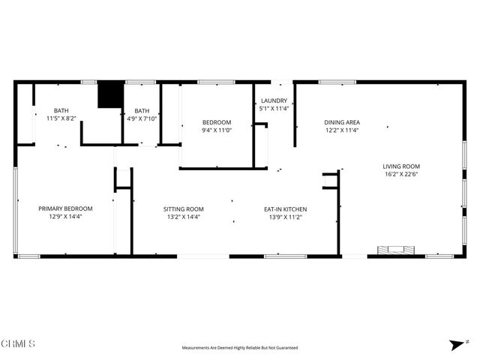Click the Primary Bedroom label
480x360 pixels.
click(x=65, y=208)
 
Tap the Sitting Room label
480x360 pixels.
click(x=184, y=209)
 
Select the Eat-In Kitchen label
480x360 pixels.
click(x=284, y=209)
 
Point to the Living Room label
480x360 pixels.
click(x=401, y=166)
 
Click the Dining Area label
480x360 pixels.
click(x=342, y=122)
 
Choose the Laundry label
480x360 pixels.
click(x=274, y=100)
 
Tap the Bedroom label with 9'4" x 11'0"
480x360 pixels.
click(x=217, y=122)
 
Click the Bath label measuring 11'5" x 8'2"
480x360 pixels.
click(x=61, y=110)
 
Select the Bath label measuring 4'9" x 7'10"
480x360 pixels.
click(x=142, y=110)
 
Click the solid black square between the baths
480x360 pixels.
click(x=109, y=94)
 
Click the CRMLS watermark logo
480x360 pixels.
click(x=18, y=344)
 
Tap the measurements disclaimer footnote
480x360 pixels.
click(x=240, y=348)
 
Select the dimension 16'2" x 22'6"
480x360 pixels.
click(x=401, y=175)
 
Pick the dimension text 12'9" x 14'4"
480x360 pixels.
click(x=65, y=217)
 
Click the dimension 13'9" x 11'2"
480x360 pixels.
click(x=284, y=217)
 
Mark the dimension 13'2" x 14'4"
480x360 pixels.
click(x=184, y=217)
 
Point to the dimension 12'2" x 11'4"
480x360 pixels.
click(x=342, y=130)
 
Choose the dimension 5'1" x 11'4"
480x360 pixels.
click(x=274, y=109)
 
